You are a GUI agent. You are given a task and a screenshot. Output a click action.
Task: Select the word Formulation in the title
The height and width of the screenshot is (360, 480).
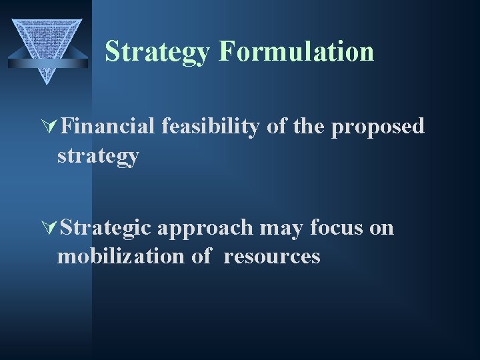(x=295, y=51)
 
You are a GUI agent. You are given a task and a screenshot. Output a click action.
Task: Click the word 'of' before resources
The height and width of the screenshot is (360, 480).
(x=201, y=256)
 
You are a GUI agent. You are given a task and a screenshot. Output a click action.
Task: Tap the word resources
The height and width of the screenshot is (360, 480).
(x=272, y=257)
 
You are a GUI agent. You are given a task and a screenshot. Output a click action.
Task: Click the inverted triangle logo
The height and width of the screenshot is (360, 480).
(x=47, y=40)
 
